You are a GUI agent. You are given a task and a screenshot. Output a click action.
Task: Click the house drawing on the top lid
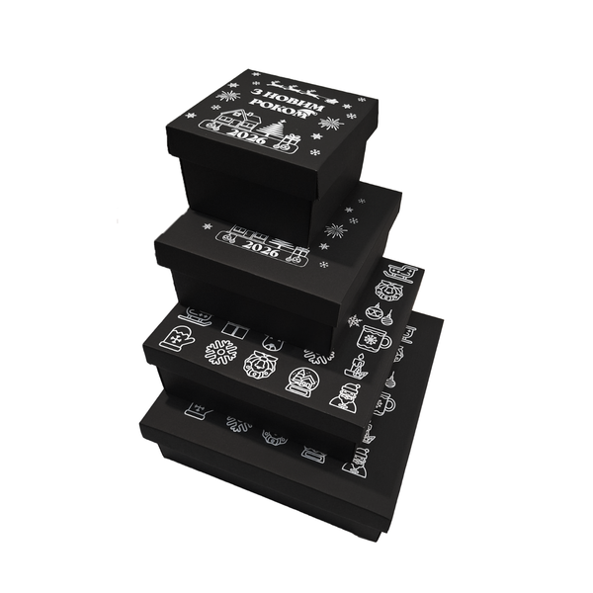pos(234,117)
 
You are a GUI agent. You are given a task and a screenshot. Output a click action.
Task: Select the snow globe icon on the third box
pos(301,381)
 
